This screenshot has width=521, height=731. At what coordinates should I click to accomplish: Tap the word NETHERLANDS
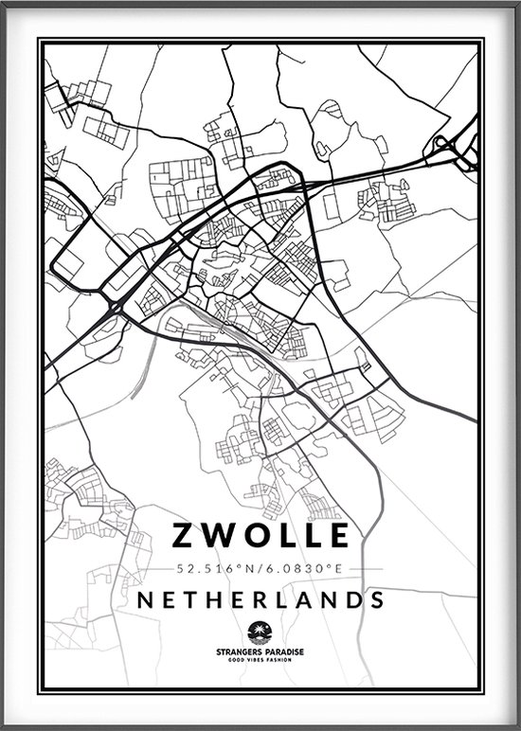pyautogui.click(x=260, y=599)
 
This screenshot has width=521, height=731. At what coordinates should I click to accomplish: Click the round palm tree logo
pyautogui.click(x=260, y=631)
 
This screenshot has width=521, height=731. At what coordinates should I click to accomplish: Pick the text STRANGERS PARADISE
pyautogui.click(x=260, y=651)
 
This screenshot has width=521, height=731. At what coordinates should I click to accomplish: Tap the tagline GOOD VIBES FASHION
pyautogui.click(x=260, y=660)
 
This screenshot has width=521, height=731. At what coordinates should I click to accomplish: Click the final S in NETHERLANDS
pyautogui.click(x=377, y=599)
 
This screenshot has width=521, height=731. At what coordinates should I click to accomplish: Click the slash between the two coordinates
pyautogui.click(x=259, y=569)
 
